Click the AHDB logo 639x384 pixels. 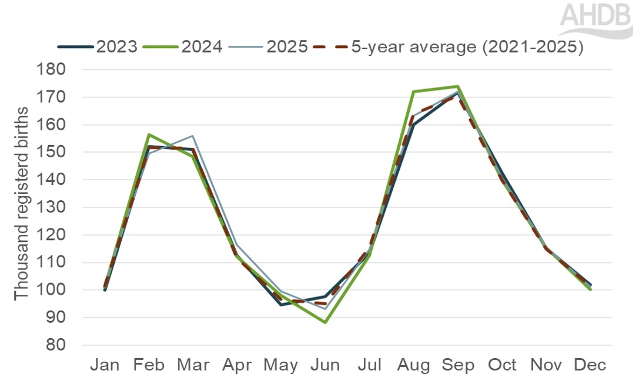click(596, 20)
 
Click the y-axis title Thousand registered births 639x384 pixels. click(22, 203)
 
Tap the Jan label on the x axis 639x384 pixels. click(105, 365)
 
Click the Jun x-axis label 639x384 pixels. click(325, 365)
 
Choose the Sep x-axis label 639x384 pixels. click(458, 365)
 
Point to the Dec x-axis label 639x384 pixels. click(590, 365)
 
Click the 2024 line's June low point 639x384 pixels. click(325, 322)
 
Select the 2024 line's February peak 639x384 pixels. click(149, 135)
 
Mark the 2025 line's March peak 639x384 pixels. click(193, 136)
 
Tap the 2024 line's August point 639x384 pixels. click(414, 92)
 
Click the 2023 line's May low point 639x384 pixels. click(281, 305)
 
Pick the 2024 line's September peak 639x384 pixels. click(458, 86)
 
